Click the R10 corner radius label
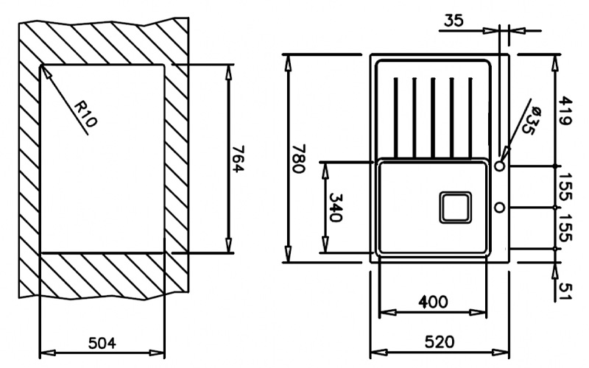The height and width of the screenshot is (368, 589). click(x=86, y=114)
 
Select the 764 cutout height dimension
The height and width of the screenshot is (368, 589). click(x=237, y=159)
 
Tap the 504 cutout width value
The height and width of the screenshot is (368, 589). click(x=102, y=343)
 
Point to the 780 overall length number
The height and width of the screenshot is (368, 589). click(x=299, y=158)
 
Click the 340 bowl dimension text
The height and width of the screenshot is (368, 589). click(x=336, y=208)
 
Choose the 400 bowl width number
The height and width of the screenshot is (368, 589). click(x=433, y=302)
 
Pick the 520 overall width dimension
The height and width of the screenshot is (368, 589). click(x=440, y=342)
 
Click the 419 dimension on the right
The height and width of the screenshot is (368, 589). click(x=565, y=111)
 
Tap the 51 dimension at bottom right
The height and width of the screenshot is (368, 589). click(x=565, y=291)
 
